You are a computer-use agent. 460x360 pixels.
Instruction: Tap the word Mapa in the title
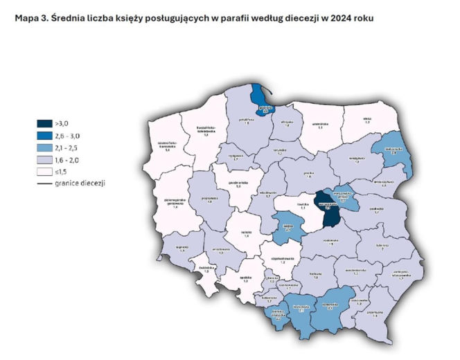pos(27,19)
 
